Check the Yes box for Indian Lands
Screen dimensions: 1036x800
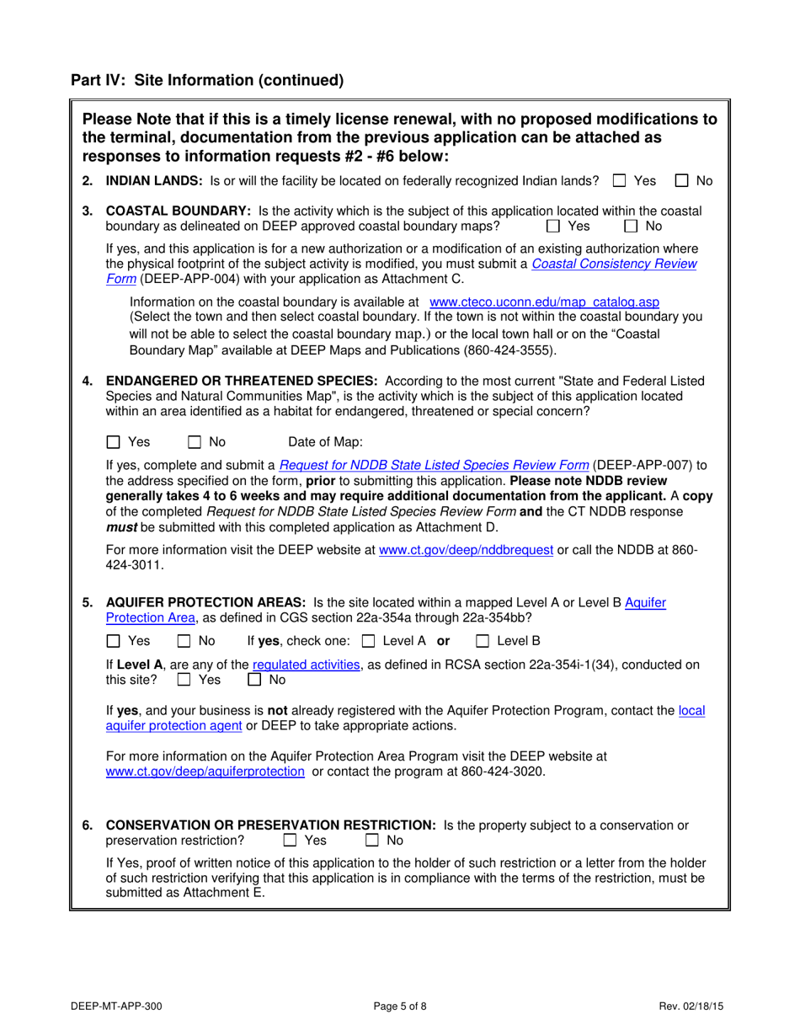(620, 180)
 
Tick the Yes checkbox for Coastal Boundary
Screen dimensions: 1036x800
(553, 226)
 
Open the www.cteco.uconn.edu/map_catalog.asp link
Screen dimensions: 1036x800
(544, 302)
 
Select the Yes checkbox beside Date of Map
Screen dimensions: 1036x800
(114, 441)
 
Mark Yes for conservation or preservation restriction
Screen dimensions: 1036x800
(291, 840)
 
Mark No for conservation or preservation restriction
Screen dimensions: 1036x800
(372, 840)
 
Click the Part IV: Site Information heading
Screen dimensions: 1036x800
(207, 81)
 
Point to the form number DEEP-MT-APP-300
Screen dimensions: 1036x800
(117, 1005)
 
